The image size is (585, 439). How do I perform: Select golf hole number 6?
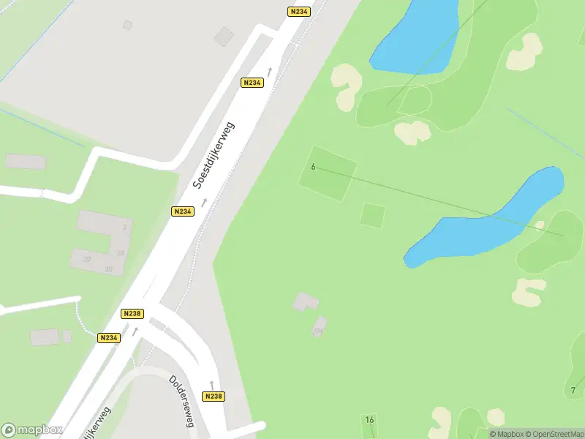click(313, 167)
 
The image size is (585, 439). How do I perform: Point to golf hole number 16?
click(369, 419)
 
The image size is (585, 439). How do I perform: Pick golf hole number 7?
click(573, 390)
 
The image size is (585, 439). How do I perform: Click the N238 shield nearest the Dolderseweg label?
click(213, 396)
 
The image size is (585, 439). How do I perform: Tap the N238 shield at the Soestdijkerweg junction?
click(132, 313)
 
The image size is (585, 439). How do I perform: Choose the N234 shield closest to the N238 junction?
click(108, 337)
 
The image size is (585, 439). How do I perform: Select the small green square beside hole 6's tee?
click(372, 215)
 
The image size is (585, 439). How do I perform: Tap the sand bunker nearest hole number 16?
click(441, 421)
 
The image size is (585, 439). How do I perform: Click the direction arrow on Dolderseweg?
click(212, 383)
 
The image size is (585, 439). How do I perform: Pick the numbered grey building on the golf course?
click(320, 326)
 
